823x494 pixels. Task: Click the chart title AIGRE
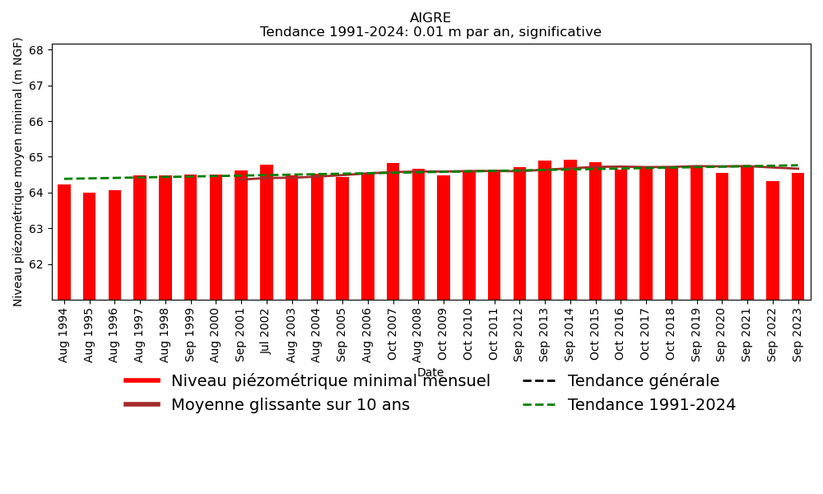(x=430, y=18)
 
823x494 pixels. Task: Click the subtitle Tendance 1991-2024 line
(x=430, y=32)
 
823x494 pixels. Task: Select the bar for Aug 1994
(x=64, y=242)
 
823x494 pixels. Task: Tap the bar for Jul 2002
(x=267, y=232)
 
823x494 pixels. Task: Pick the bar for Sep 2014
(x=570, y=230)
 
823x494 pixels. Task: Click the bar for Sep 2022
(x=773, y=240)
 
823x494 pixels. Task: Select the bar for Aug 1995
(x=90, y=246)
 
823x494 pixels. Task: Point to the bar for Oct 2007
(x=393, y=231)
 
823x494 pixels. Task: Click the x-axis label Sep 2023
(x=798, y=334)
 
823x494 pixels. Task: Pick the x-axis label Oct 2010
(x=469, y=333)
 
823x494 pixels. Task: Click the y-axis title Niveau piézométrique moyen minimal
(x=18, y=171)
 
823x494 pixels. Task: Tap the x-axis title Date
(x=430, y=373)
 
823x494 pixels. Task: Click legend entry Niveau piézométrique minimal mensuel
(x=330, y=381)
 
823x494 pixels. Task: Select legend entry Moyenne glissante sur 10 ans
(x=290, y=405)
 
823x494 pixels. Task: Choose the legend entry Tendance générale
(x=643, y=381)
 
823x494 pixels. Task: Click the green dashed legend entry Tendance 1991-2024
(x=651, y=405)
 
